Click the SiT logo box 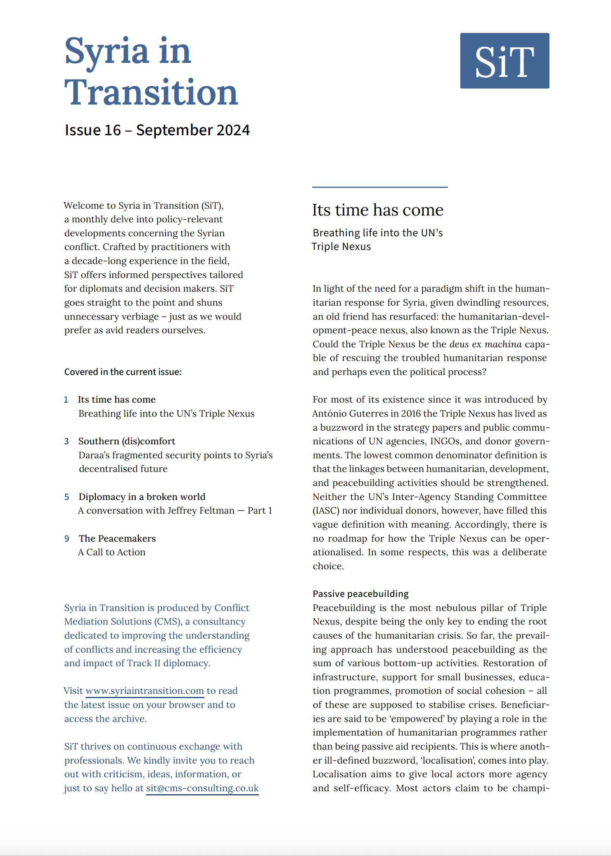coord(504,61)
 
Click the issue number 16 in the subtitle coord(112,130)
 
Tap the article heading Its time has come coord(377,210)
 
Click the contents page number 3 coord(67,441)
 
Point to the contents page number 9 coord(67,539)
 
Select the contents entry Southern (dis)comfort coord(127,441)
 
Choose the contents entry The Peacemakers coord(117,539)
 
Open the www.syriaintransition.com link coord(145,691)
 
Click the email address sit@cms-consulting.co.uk coord(202,788)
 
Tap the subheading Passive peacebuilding coord(360,594)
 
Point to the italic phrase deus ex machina coord(485,344)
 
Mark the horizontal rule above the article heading coord(380,187)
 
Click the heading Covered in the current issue coord(123,372)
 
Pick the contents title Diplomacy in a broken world coord(142,497)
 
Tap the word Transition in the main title coord(151,93)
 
